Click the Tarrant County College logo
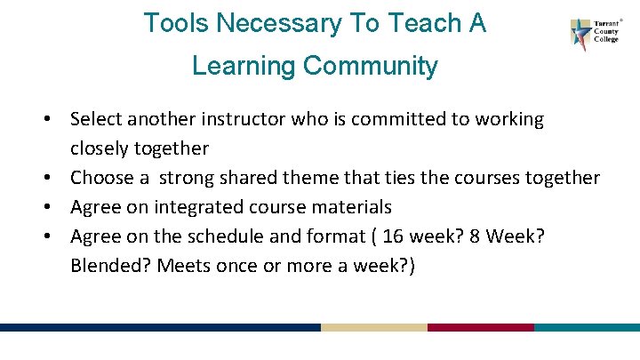592,35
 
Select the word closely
100,148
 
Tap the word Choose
102,178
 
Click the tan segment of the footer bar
373,327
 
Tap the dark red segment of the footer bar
480,327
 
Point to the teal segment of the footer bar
587,327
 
